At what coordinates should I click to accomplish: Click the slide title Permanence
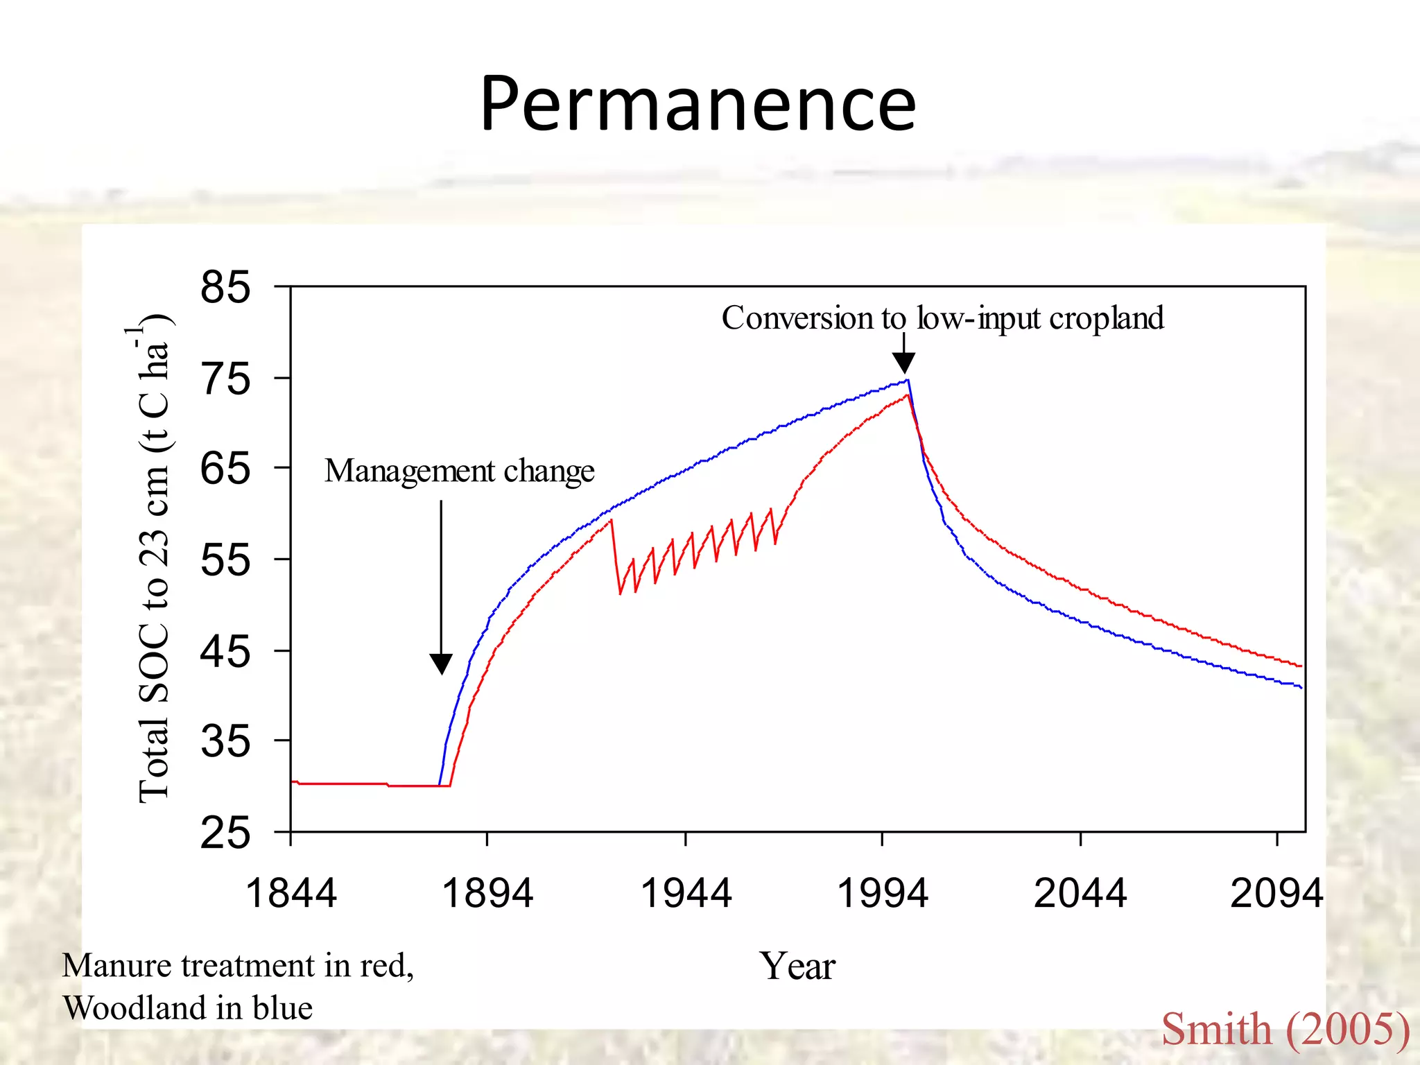[698, 104]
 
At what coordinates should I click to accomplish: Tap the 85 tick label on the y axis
[225, 286]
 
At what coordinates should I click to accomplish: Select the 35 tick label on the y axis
[225, 741]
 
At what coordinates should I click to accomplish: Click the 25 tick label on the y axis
[225, 833]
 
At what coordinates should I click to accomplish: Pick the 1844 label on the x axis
[291, 892]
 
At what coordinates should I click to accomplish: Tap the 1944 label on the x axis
[686, 892]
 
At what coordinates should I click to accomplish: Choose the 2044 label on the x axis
[1080, 892]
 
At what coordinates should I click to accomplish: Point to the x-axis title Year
[797, 966]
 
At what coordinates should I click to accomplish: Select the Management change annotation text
[460, 471]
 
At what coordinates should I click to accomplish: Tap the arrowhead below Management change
[441, 664]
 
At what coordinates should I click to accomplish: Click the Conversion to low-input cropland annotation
[943, 319]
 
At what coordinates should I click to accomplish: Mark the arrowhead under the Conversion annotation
[903, 363]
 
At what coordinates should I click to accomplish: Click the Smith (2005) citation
[1285, 1029]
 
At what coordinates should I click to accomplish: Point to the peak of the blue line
[908, 379]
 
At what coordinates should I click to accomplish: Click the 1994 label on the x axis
[883, 892]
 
